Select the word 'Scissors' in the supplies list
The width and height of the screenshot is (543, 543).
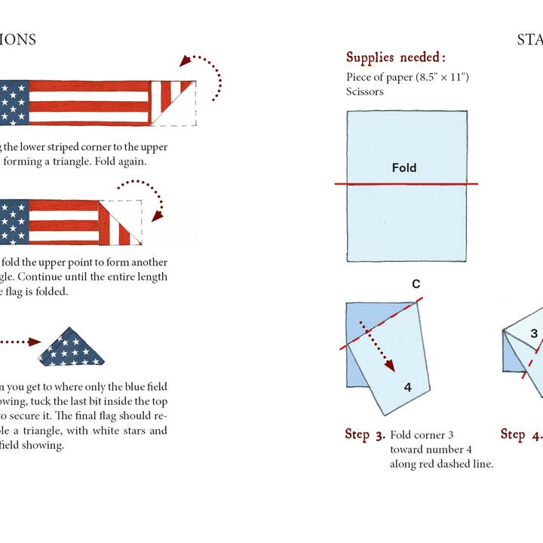[365, 91]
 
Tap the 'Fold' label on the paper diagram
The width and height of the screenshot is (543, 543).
[404, 168]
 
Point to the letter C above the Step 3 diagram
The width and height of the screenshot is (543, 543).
[416, 284]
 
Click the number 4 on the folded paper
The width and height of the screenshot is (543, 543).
[407, 388]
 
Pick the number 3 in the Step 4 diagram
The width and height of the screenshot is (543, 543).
[533, 334]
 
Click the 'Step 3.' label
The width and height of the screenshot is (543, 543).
[365, 434]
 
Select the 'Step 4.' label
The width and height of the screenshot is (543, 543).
[521, 434]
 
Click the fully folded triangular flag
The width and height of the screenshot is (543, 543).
[72, 347]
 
